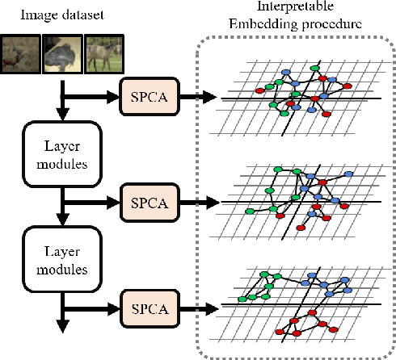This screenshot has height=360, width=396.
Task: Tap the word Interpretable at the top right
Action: [284, 10]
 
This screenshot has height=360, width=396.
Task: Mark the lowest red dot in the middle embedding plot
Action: [301, 228]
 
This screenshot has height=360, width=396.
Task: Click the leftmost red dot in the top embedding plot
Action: [261, 86]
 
